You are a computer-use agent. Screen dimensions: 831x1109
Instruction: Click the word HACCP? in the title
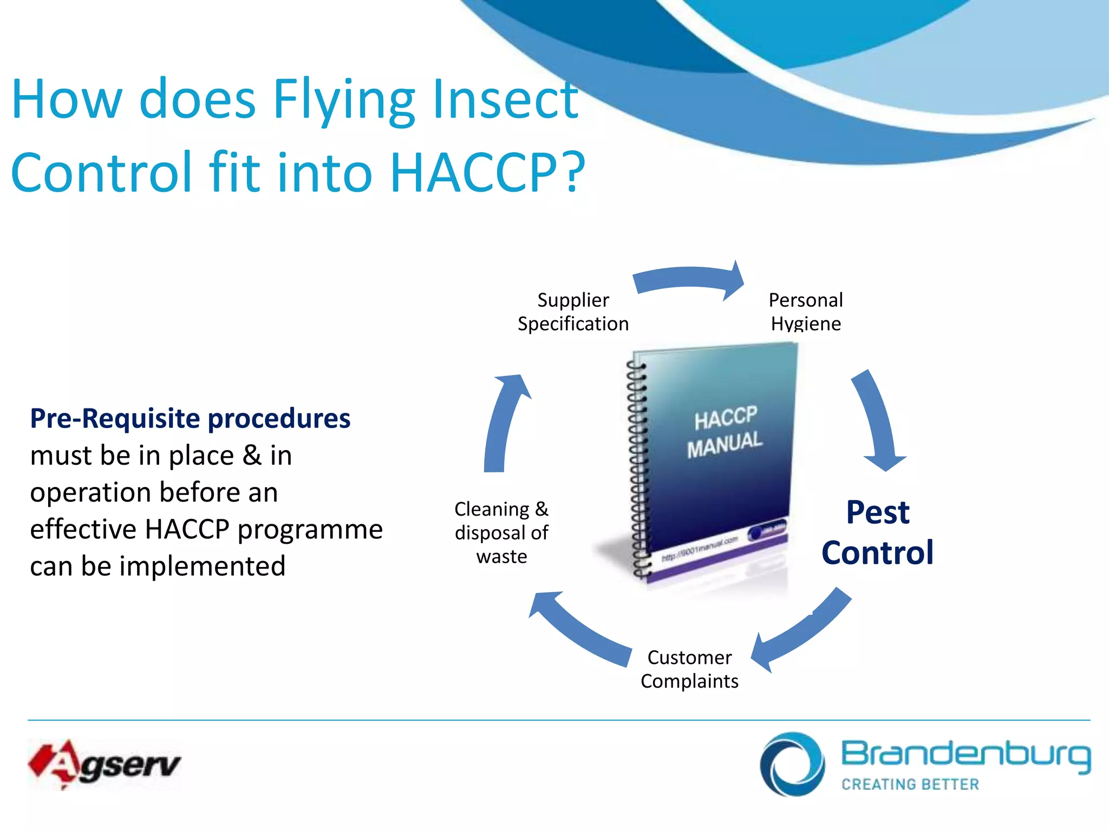click(487, 172)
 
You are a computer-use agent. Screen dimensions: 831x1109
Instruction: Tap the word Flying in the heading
click(344, 100)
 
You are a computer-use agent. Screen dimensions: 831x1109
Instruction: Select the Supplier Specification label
click(573, 312)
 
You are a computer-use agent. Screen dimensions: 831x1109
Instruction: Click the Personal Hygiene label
click(806, 312)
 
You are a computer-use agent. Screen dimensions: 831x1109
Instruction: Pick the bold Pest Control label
click(878, 532)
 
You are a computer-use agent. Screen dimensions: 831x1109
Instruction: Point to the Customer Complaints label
click(689, 669)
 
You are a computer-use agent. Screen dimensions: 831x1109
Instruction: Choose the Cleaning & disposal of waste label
click(501, 533)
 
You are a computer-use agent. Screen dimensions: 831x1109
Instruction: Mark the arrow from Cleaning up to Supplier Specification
click(504, 422)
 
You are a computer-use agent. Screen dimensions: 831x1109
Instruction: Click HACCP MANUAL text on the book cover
click(725, 432)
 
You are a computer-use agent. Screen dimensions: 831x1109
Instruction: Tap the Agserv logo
click(104, 764)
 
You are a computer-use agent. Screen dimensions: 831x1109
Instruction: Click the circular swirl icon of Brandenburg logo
click(792, 764)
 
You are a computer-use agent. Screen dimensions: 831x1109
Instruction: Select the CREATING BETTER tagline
click(910, 784)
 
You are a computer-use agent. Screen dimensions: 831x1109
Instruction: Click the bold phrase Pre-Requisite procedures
click(190, 419)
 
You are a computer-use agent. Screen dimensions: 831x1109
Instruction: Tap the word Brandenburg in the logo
click(966, 754)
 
